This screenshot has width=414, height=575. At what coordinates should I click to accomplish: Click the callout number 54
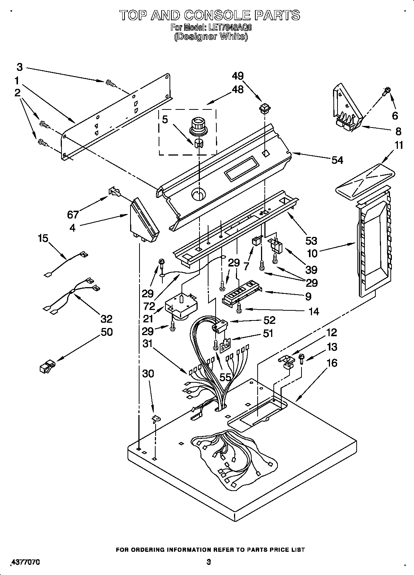(x=337, y=160)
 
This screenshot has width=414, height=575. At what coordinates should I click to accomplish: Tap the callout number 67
(x=73, y=214)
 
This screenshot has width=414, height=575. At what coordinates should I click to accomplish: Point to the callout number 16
(x=331, y=362)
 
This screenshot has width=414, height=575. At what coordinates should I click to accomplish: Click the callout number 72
(x=149, y=306)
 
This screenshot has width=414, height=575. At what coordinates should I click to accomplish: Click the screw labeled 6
(x=387, y=90)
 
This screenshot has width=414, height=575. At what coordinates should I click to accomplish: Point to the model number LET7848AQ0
(x=229, y=27)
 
